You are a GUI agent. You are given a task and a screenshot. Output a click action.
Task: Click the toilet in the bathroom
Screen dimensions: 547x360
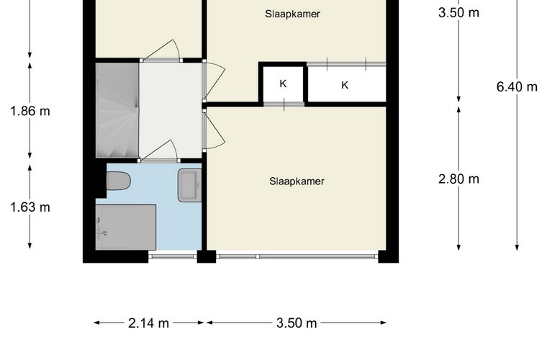click(x=119, y=181)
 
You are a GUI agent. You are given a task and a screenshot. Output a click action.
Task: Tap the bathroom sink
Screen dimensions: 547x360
click(x=190, y=185)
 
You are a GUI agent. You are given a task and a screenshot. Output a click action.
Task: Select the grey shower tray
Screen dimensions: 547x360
click(x=126, y=227)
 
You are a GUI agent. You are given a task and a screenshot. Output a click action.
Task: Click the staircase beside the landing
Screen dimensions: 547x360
click(x=117, y=110)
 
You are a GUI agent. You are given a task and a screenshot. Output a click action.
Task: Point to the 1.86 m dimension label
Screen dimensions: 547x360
click(x=30, y=112)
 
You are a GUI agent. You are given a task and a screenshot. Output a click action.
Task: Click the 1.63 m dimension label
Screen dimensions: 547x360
click(x=30, y=207)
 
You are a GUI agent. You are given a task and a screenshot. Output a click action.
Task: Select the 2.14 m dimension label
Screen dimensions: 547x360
click(x=148, y=323)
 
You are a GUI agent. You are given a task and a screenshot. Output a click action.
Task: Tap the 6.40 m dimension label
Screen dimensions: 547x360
click(x=517, y=86)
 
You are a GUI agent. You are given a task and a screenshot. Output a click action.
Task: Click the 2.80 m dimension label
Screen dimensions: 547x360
click(x=458, y=179)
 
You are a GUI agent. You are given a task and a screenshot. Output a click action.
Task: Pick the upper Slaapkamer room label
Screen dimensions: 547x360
click(x=292, y=14)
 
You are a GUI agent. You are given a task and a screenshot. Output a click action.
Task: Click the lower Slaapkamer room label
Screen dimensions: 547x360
click(x=297, y=181)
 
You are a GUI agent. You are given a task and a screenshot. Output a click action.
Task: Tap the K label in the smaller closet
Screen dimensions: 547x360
click(x=284, y=84)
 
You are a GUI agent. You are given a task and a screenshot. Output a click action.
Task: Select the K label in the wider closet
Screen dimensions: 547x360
click(x=345, y=85)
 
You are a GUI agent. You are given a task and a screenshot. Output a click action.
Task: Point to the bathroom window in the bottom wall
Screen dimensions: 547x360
click(x=173, y=256)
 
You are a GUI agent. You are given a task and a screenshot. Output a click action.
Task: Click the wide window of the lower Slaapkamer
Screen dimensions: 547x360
click(x=297, y=256)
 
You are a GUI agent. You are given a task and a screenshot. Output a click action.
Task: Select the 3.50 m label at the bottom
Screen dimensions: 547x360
click(x=297, y=323)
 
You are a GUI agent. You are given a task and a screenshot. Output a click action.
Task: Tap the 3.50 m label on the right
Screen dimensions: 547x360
click(x=458, y=13)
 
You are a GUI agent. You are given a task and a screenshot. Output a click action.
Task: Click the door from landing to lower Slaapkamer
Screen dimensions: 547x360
click(x=214, y=129)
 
